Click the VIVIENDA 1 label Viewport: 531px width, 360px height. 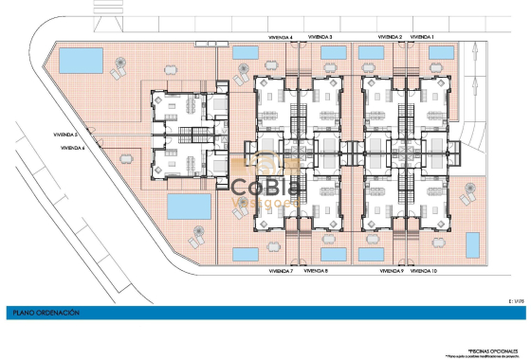(x=420, y=37)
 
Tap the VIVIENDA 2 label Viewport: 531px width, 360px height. (x=390, y=37)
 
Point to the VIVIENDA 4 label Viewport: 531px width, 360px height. (x=280, y=37)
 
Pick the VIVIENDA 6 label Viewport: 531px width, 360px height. (x=72, y=148)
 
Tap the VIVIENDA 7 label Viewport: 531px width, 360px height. (x=278, y=271)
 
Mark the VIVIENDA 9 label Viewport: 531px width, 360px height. (x=391, y=271)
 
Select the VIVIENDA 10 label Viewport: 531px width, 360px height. (x=423, y=271)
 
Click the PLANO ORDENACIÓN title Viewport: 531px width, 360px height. (x=46, y=312)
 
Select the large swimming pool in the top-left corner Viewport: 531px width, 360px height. (x=82, y=62)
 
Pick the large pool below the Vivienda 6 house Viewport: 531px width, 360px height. (x=189, y=207)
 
